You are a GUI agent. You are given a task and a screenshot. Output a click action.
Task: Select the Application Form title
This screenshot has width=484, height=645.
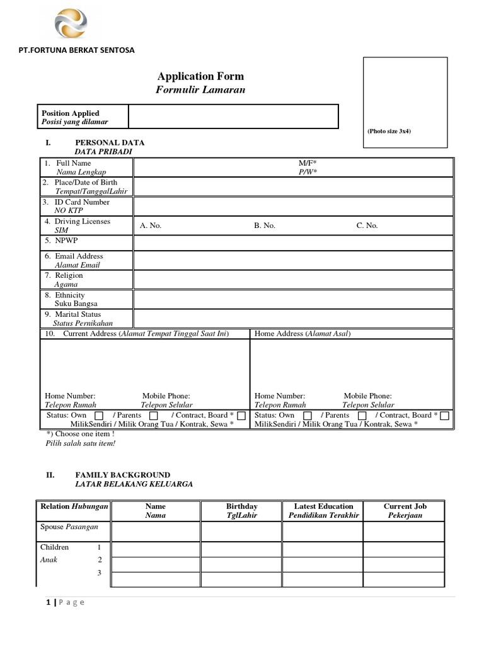click(200, 76)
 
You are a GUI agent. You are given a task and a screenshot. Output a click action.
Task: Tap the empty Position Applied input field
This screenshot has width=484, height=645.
click(233, 117)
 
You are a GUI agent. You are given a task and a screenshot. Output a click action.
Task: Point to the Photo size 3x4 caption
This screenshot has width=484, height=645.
click(389, 131)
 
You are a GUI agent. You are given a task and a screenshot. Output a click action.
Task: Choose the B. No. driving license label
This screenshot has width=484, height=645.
click(265, 225)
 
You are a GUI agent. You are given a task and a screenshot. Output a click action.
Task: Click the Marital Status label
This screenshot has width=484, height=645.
click(77, 314)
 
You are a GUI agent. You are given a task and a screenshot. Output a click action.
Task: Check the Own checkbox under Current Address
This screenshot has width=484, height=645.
click(99, 416)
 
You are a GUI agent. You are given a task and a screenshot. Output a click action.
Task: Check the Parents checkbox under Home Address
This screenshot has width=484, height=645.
click(362, 416)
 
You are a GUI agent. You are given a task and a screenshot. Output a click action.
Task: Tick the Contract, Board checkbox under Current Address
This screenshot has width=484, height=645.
click(241, 416)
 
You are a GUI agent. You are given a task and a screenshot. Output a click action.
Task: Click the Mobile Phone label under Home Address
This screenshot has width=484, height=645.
click(367, 396)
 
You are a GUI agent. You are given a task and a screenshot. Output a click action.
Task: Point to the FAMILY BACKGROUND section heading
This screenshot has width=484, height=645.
click(122, 475)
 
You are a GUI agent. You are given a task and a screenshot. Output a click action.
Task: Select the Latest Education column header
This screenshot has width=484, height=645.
click(323, 506)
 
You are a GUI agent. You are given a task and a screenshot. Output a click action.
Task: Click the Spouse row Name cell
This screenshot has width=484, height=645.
click(156, 531)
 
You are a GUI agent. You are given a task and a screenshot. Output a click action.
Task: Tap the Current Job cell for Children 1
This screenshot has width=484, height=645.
click(403, 549)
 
